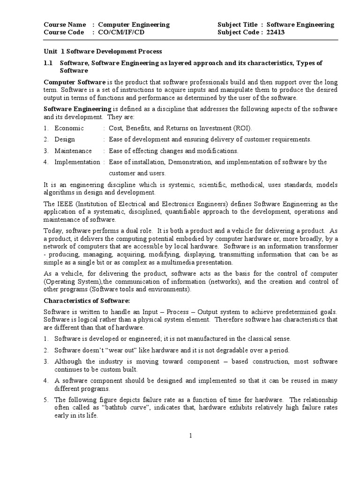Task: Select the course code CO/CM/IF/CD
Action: pos(121,32)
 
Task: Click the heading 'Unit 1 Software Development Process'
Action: pos(103,52)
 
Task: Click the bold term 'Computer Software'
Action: pos(75,82)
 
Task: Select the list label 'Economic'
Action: pos(69,128)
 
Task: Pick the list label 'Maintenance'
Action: pos(73,150)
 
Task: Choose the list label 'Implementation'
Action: pos(77,162)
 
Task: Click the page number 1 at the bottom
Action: pos(191,435)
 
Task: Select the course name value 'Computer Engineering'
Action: pos(134,24)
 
